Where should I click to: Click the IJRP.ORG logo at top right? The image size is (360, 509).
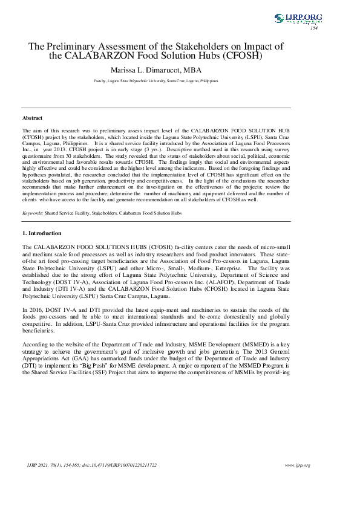[x=298, y=19]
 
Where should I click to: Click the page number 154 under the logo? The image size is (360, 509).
[x=313, y=28]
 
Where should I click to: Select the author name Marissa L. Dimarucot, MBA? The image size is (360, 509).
[x=156, y=70]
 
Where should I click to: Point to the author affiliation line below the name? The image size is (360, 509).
[x=156, y=80]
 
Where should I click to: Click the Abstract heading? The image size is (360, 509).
[x=32, y=118]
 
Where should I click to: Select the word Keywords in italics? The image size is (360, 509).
[x=32, y=213]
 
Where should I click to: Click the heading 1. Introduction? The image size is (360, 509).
[x=42, y=233]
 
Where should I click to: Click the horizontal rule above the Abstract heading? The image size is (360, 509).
[x=156, y=108]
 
